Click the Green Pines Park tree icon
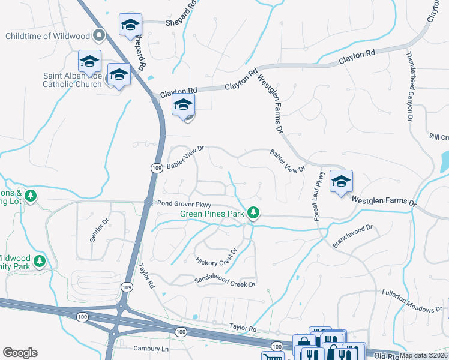point(254,212)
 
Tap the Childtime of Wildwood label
point(47,36)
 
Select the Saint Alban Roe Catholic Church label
point(72,80)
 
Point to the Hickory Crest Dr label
point(217,257)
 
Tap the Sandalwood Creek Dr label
point(225,281)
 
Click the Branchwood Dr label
point(353,236)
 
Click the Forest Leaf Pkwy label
point(319,196)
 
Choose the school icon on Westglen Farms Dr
point(341,181)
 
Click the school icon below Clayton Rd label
point(184,106)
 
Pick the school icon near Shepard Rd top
point(130,25)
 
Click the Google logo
point(20,353)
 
